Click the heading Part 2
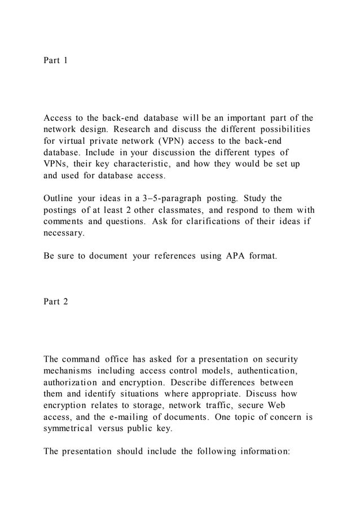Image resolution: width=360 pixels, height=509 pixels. point(55,302)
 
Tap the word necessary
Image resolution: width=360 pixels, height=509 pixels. point(64,233)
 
